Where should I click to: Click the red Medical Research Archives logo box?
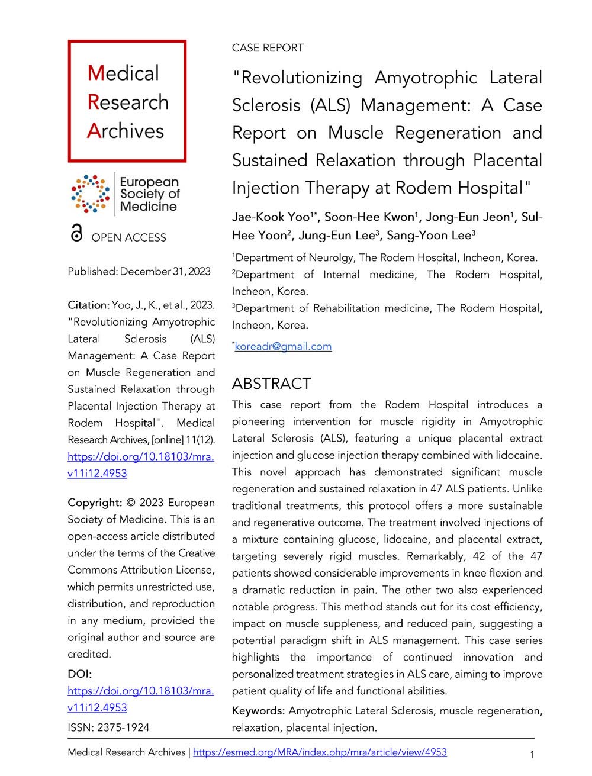127,101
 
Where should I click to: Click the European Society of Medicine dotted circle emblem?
90,194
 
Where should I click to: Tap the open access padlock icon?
76,235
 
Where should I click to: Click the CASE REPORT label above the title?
268,48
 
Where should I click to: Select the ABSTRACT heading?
271,384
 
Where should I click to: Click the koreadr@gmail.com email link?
283,346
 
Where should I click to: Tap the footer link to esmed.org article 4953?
320,752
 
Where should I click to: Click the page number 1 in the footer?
533,755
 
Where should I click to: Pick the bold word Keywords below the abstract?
258,710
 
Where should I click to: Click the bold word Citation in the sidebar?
88,305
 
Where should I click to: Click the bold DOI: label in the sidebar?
80,674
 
